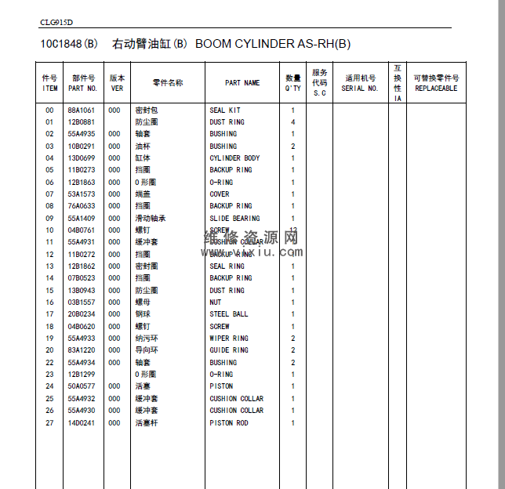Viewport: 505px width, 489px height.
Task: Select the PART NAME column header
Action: [x=242, y=83]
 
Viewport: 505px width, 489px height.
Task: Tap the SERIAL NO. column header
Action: [x=360, y=89]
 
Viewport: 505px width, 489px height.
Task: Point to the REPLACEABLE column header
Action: [x=436, y=89]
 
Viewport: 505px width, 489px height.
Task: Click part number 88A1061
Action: [x=81, y=110]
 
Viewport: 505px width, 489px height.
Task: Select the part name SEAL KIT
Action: [x=225, y=110]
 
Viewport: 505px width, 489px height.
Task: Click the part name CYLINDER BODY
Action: [x=234, y=158]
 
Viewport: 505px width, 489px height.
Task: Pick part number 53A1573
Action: [x=81, y=194]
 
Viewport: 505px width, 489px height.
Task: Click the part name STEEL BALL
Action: [x=229, y=314]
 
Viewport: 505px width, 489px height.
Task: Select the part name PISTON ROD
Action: [x=229, y=423]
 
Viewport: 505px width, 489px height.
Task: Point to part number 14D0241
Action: [x=81, y=423]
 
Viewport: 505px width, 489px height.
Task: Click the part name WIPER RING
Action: [x=229, y=339]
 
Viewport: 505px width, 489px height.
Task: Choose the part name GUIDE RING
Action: [x=229, y=350]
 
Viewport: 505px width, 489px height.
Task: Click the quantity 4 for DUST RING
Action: [x=293, y=122]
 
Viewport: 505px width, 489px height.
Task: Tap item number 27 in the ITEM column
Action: [x=49, y=423]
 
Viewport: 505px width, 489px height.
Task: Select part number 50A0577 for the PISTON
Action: [x=81, y=386]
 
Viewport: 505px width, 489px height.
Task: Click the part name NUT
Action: [x=216, y=302]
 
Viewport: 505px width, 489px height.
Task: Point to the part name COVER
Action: [x=220, y=194]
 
